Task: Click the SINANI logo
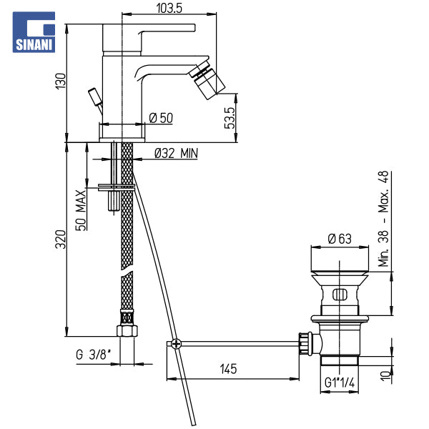(34, 32)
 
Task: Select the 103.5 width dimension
(169, 8)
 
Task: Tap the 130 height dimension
(61, 81)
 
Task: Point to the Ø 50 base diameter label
(161, 118)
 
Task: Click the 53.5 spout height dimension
(230, 118)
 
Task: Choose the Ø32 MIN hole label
(176, 153)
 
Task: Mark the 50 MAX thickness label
(81, 210)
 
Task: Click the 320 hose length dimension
(61, 240)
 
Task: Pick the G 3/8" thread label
(94, 355)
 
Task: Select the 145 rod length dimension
(229, 369)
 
